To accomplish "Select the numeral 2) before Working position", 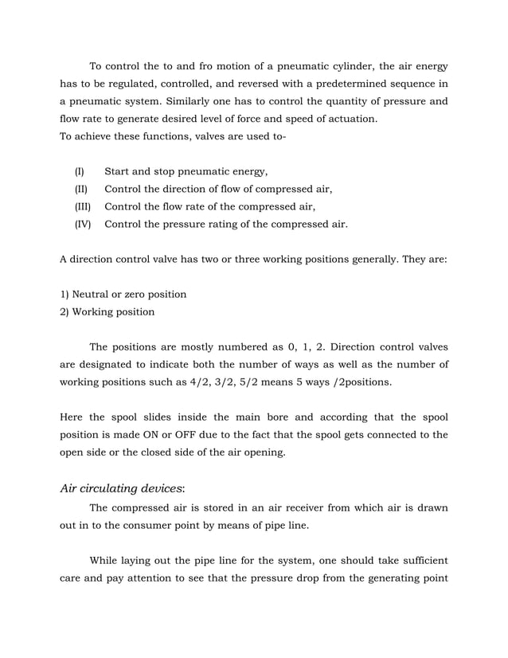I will [64, 311].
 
